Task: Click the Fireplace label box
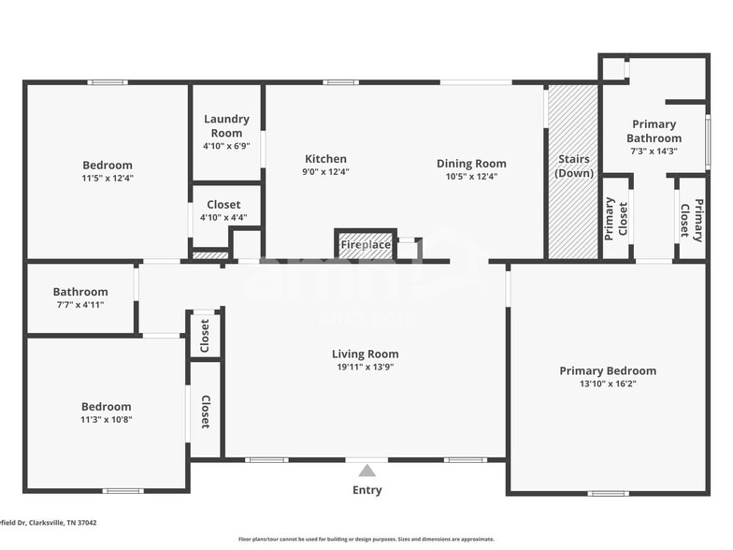pyautogui.click(x=366, y=245)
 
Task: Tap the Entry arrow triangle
pyautogui.click(x=367, y=470)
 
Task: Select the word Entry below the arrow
pyautogui.click(x=367, y=490)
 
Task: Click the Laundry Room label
pyautogui.click(x=226, y=125)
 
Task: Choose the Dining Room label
pyautogui.click(x=471, y=164)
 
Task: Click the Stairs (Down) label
pyautogui.click(x=573, y=166)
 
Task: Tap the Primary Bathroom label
pyautogui.click(x=654, y=131)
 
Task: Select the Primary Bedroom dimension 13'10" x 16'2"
pyautogui.click(x=608, y=384)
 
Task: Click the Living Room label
pyautogui.click(x=365, y=354)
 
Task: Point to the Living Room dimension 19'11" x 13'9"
pyautogui.click(x=365, y=368)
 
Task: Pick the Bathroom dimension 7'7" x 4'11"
pyautogui.click(x=80, y=305)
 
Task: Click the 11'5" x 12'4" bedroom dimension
pyautogui.click(x=108, y=178)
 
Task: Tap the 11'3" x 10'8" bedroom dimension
pyautogui.click(x=106, y=420)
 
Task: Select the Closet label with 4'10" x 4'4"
pyautogui.click(x=223, y=204)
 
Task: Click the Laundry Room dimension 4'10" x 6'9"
pyautogui.click(x=226, y=146)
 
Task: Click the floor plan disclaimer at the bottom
pyautogui.click(x=366, y=539)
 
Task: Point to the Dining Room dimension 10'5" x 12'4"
pyautogui.click(x=471, y=177)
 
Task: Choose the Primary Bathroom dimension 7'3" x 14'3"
pyautogui.click(x=654, y=151)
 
